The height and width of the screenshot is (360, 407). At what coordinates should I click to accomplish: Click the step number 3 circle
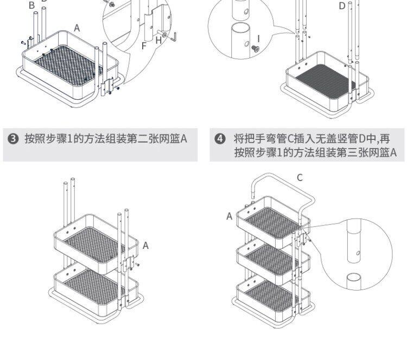click(13, 139)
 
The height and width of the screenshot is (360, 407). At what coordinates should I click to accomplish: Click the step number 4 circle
click(220, 139)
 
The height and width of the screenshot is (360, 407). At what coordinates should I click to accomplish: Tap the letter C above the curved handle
click(300, 178)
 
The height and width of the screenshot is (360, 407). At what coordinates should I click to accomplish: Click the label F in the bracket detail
click(144, 46)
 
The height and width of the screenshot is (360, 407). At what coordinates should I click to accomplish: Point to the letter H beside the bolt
click(158, 41)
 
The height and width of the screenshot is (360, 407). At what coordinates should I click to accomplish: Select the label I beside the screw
click(258, 38)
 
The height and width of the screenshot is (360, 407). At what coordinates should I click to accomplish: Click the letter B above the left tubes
click(31, 5)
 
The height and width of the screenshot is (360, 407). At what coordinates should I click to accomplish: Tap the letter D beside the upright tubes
click(342, 6)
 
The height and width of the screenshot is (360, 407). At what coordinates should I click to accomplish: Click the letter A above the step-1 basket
click(77, 28)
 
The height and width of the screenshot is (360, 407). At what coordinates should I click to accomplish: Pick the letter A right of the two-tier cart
click(145, 246)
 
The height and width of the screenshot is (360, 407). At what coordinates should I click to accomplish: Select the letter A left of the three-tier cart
click(229, 216)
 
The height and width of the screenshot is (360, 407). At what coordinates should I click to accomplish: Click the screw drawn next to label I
click(254, 48)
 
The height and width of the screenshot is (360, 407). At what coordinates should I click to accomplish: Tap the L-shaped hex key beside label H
click(174, 37)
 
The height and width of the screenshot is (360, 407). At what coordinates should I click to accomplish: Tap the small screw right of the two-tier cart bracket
click(138, 265)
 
